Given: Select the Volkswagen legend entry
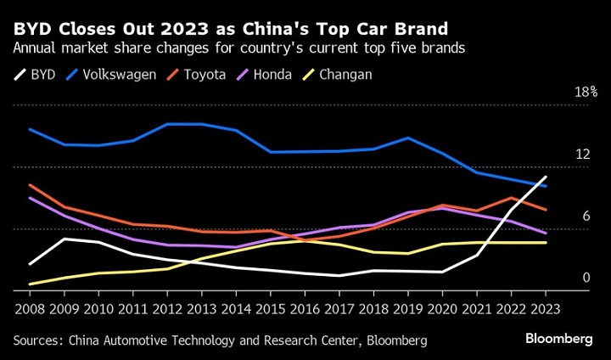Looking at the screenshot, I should pos(116,75).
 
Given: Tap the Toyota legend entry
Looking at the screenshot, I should pos(203,75).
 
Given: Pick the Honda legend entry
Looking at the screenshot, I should pos(271,75).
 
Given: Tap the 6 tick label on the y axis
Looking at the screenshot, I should pos(586,217).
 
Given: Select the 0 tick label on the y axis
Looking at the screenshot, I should pos(586,278).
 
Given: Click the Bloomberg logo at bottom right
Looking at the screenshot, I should pos(558,339).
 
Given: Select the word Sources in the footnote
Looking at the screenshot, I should pos(37,340).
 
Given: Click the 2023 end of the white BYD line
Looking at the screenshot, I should pos(546,177).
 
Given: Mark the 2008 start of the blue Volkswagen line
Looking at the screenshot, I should pos(30,129).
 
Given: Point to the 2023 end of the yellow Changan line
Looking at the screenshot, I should pos(546,243).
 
